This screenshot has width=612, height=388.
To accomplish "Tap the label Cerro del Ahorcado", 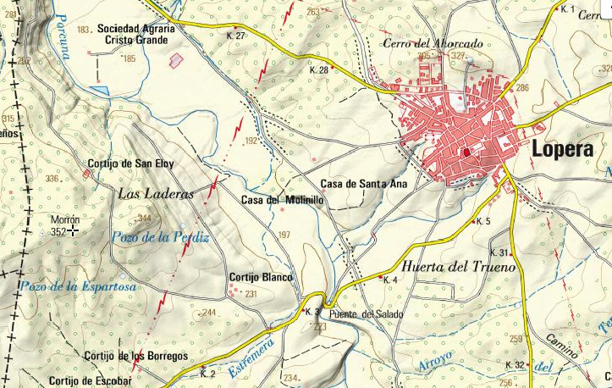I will pos(433,42).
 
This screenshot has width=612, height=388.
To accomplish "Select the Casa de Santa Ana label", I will pos(364,183).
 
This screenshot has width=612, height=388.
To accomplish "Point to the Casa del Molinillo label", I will pos(282,200).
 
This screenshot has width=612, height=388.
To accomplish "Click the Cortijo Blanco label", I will pos(261,277).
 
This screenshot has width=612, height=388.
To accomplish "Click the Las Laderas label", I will pos(156,194).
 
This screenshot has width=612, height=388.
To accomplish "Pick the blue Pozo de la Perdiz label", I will pos(160,238).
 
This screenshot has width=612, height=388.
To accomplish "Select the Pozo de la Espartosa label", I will pos(80,287).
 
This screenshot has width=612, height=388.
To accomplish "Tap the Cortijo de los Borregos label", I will pos(135,357).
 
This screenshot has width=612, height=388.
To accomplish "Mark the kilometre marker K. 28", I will pos(318,70).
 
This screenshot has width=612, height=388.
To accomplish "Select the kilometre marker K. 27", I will pos(236,36).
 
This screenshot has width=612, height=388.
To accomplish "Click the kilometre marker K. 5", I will pos(483,221).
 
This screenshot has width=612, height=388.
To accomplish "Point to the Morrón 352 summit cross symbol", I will pos(74,230).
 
